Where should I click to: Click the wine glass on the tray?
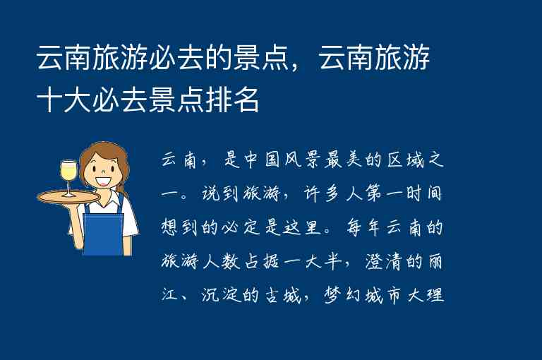click(68, 174)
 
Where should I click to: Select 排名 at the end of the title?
click(233, 101)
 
